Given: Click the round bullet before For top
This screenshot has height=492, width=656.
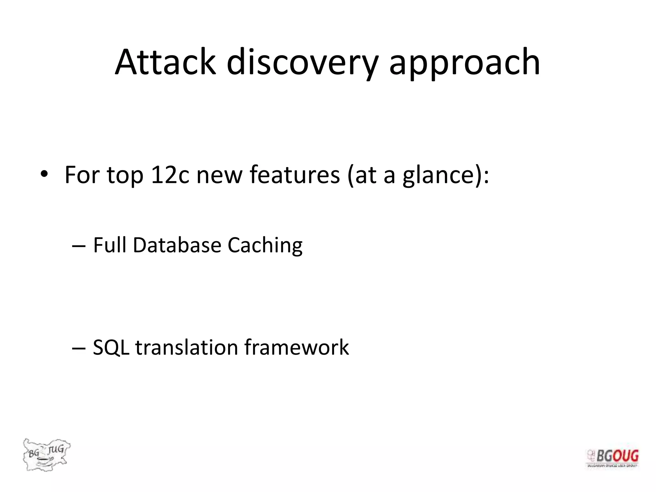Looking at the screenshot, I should (x=44, y=175).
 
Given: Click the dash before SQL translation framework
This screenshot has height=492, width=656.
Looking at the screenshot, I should (x=79, y=348).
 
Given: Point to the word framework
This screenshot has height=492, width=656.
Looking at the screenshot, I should (x=296, y=348).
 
